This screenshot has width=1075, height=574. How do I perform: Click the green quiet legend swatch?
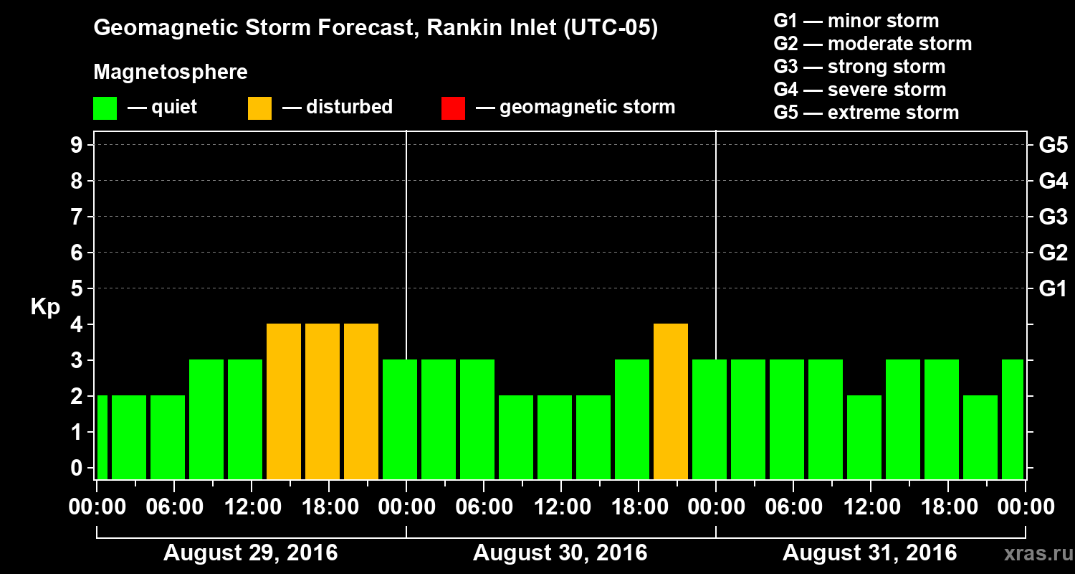[105, 108]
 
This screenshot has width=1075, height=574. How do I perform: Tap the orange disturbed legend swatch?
[259, 108]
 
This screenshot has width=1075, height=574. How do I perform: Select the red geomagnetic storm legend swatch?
[453, 108]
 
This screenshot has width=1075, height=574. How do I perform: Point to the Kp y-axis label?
[45, 307]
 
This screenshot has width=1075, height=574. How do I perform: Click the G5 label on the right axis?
[1053, 146]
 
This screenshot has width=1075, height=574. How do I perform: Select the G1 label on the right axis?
[1053, 289]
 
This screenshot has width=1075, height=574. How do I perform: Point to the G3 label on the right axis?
[1053, 217]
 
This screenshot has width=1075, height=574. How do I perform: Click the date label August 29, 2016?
[251, 553]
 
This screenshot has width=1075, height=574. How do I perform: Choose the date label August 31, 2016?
[869, 553]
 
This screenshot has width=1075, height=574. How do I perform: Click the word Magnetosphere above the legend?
[171, 72]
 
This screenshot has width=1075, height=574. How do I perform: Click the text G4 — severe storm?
[860, 90]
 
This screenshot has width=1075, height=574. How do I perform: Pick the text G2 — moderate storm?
[873, 44]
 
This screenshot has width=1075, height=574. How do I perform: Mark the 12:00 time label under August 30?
[561, 507]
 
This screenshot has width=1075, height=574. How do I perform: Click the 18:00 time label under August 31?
[948, 507]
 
